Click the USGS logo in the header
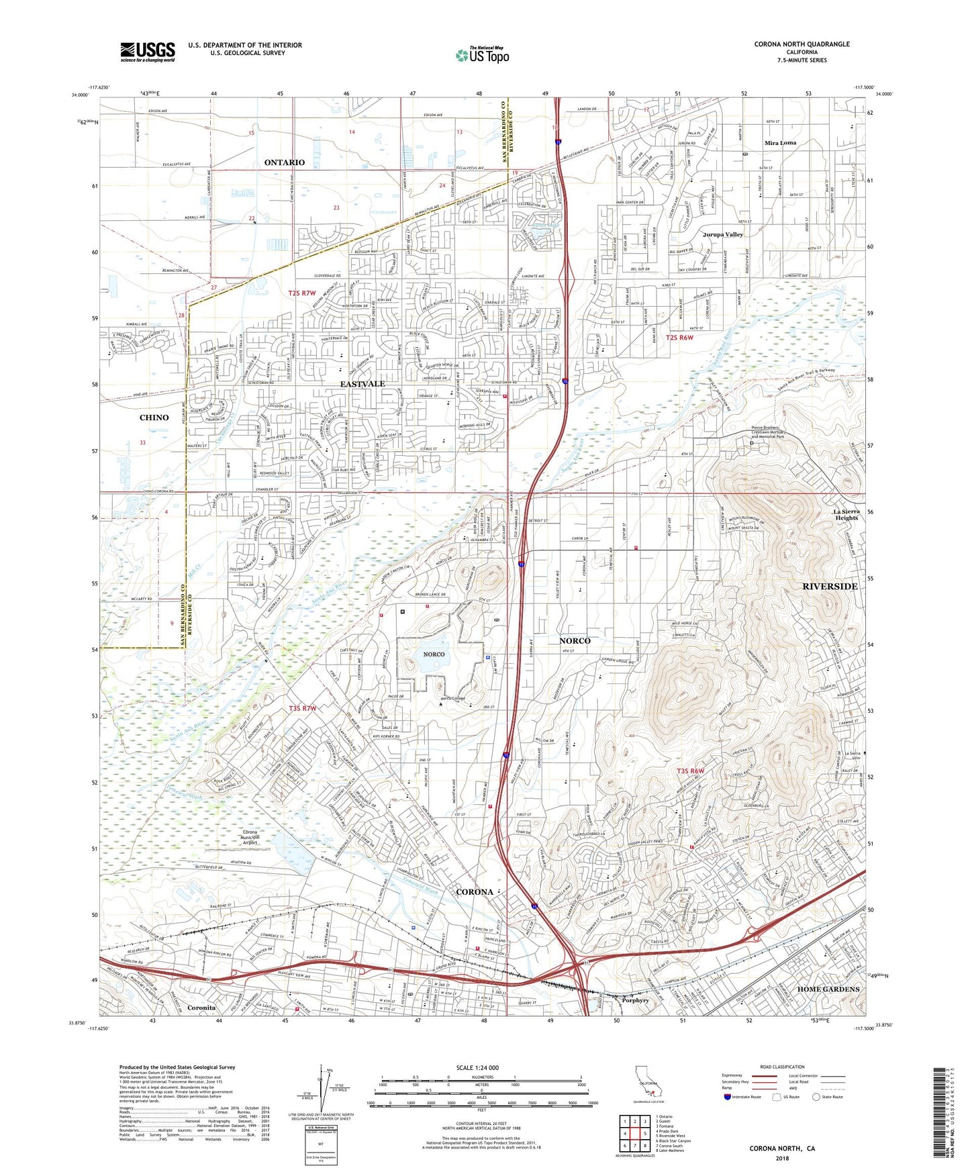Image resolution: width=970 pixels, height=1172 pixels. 148,52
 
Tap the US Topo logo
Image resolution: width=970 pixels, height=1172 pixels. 481,55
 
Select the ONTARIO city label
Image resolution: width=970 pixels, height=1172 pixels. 284,163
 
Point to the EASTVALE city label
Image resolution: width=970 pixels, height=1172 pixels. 362,384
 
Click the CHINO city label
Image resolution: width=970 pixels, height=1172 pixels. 154,418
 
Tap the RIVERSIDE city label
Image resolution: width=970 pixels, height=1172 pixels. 830,587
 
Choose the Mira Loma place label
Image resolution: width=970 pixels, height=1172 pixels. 780,143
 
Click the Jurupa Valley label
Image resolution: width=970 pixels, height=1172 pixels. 723,235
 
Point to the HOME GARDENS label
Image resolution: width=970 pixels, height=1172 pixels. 828,989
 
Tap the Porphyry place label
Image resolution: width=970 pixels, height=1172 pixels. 634,1000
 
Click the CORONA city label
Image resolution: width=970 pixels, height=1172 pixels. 474,892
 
